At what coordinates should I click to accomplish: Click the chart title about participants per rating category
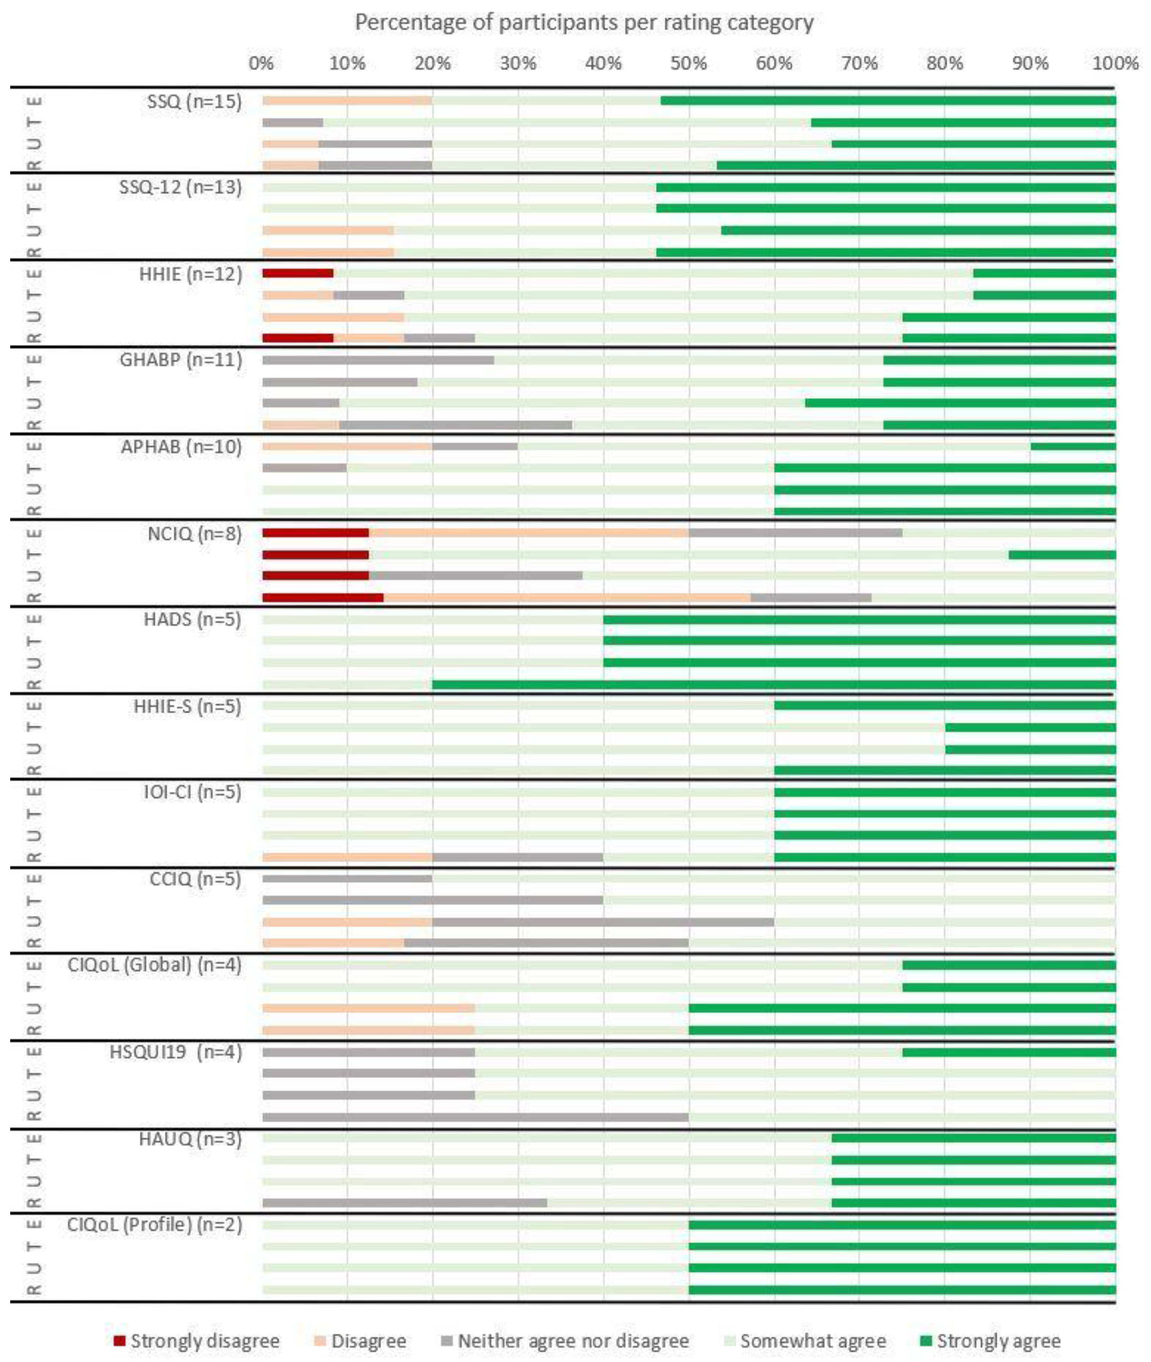click(584, 23)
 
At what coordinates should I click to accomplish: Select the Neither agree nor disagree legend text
click(573, 1341)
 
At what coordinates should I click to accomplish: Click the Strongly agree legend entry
click(998, 1341)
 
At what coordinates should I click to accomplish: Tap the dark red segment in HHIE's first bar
click(297, 273)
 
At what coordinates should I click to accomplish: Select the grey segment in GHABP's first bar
click(378, 359)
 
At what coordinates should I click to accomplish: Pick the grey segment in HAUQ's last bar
click(405, 1203)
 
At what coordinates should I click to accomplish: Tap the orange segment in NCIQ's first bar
click(528, 532)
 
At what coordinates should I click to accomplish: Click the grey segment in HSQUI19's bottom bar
click(475, 1117)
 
